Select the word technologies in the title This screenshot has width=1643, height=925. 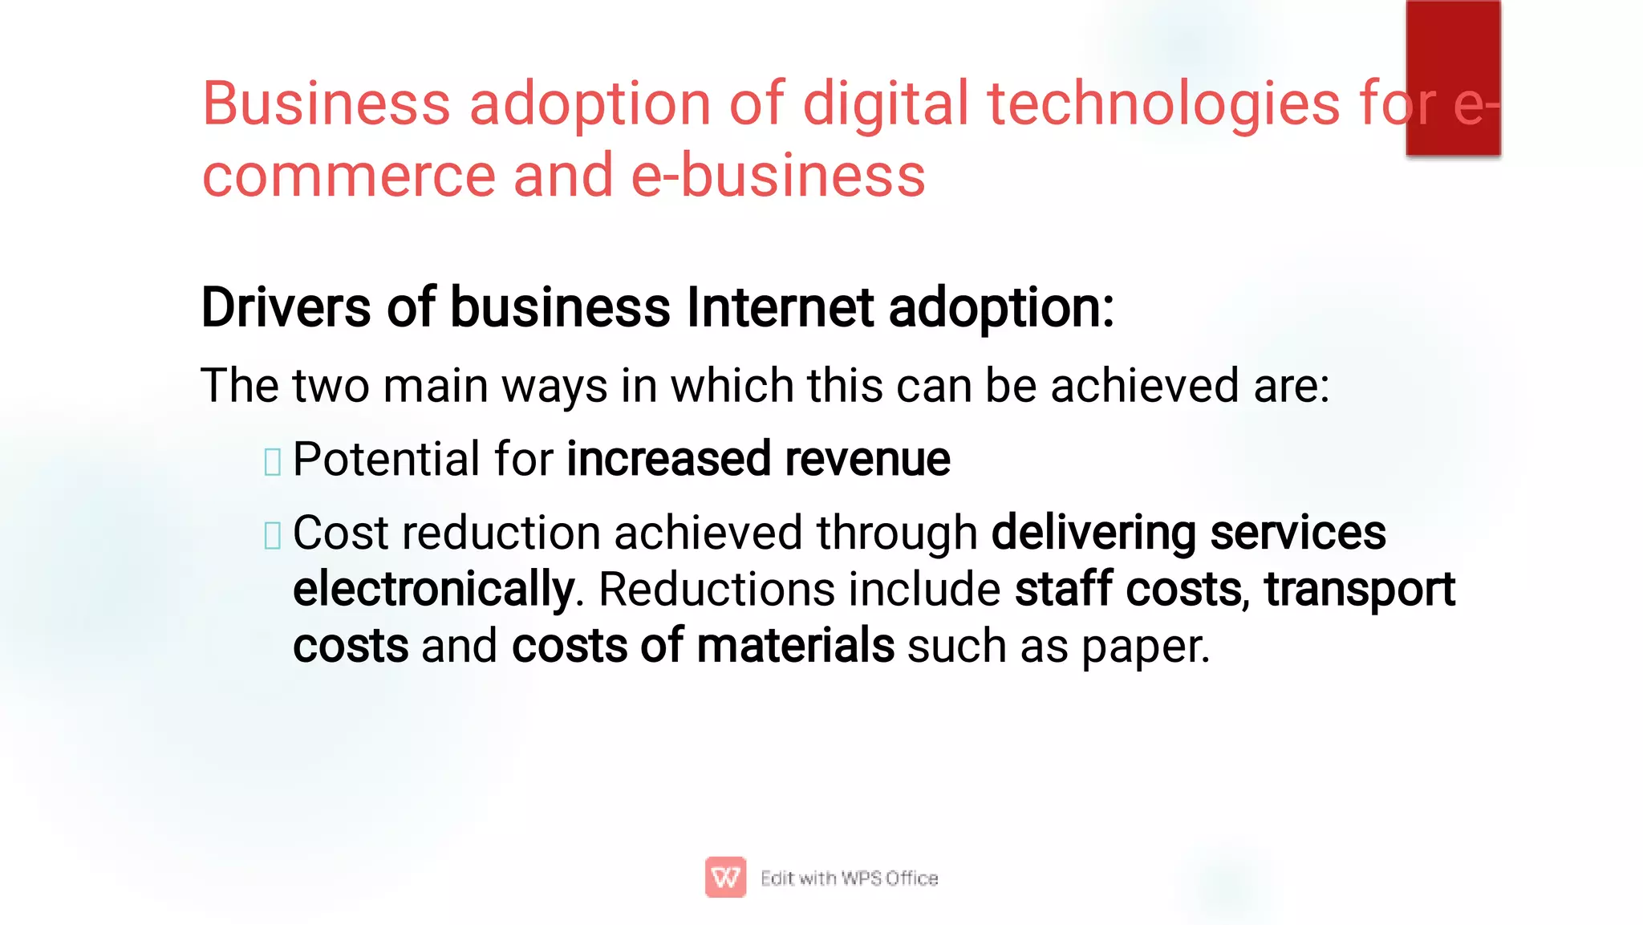tap(1163, 104)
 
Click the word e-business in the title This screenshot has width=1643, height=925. tap(778, 176)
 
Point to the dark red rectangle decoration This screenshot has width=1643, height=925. tap(1453, 77)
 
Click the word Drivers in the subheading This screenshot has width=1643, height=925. tap(286, 307)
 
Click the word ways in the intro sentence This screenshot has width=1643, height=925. tap(554, 386)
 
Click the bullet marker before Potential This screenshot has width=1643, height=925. tap(272, 461)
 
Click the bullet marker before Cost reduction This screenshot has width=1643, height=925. tap(272, 535)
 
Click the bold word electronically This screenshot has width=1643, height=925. tap(433, 590)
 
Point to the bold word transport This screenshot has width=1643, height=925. tap(1359, 590)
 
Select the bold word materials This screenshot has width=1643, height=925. tap(795, 646)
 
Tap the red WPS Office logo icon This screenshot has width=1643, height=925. tap(725, 877)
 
